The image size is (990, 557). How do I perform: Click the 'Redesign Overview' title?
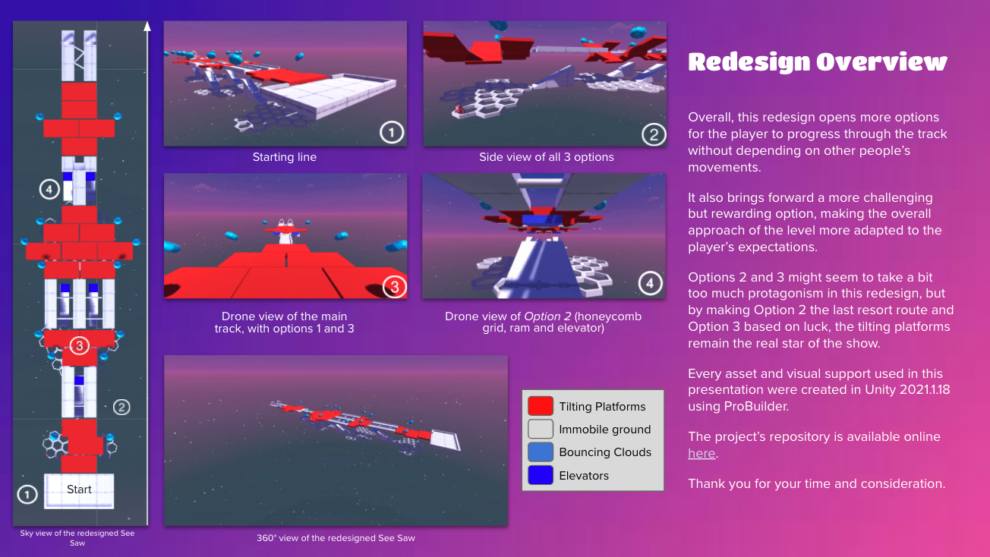(x=817, y=61)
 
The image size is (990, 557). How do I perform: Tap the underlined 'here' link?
(x=702, y=453)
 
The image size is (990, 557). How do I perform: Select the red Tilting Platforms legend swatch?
(x=540, y=406)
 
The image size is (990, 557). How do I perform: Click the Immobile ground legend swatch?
(x=540, y=429)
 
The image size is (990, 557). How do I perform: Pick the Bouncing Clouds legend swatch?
(x=540, y=452)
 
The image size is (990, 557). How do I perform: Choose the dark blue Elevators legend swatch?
(x=540, y=475)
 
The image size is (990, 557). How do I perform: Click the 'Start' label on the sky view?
(x=79, y=489)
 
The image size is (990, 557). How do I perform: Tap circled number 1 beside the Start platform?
(x=27, y=495)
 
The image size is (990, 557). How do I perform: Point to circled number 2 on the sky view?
(x=121, y=407)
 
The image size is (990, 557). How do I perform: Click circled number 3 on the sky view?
(x=80, y=345)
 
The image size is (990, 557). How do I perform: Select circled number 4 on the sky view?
(x=49, y=190)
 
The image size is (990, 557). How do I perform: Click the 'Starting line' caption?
(x=284, y=157)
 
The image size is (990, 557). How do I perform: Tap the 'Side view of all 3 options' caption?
(x=547, y=157)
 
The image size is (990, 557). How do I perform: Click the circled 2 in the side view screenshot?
(x=654, y=134)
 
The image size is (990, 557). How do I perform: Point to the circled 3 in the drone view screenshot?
(x=394, y=287)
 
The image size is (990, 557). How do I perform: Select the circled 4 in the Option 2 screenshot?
(x=650, y=283)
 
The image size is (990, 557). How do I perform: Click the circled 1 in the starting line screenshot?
(x=392, y=132)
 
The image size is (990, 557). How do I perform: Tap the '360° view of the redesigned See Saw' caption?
(x=336, y=538)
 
